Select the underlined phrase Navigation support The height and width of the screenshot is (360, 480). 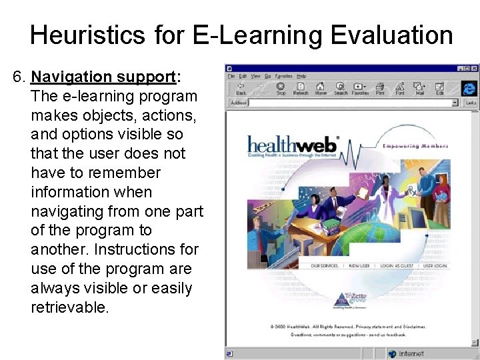click(x=103, y=77)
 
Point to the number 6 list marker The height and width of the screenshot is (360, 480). click(x=18, y=77)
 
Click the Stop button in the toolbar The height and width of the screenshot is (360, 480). click(x=281, y=89)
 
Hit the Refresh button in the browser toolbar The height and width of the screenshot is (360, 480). click(x=301, y=89)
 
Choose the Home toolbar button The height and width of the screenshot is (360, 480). click(x=321, y=89)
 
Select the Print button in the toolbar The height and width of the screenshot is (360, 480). click(x=380, y=89)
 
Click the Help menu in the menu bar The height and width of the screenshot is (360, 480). click(x=302, y=76)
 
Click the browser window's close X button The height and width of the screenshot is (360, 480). click(x=475, y=68)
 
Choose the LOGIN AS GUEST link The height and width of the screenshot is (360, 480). click(x=398, y=265)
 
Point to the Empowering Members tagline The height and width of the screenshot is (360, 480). click(x=415, y=146)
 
